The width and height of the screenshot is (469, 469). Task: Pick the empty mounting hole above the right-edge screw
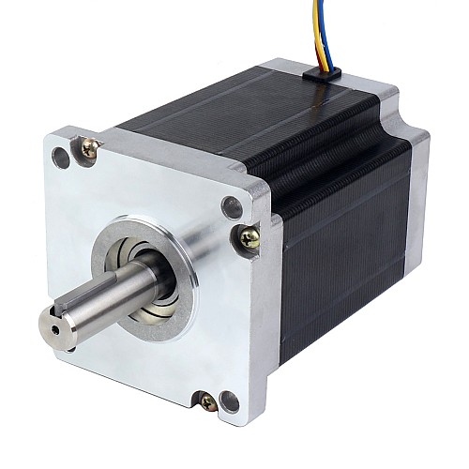point(231,206)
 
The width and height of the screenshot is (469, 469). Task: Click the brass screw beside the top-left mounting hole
point(91,147)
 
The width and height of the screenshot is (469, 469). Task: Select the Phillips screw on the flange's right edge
point(249,238)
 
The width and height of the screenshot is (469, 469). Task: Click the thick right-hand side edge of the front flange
point(267,310)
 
